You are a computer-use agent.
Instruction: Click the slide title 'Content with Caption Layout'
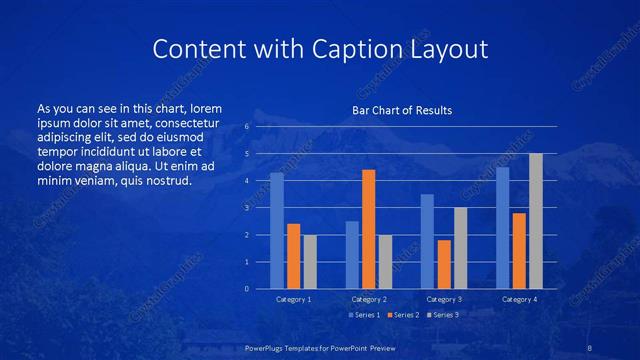click(x=320, y=49)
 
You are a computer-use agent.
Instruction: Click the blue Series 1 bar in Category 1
click(x=277, y=231)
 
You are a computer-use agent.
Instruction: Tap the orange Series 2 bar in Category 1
click(x=293, y=256)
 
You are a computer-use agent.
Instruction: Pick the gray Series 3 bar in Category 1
click(x=310, y=261)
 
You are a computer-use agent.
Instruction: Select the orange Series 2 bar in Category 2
click(x=368, y=229)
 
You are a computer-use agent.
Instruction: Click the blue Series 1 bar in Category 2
click(x=352, y=255)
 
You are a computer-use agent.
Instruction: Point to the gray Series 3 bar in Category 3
click(x=460, y=248)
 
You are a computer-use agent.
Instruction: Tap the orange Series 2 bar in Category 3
click(x=444, y=264)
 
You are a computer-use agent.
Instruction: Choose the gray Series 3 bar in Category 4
click(x=536, y=221)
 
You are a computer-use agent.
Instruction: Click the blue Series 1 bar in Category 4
click(x=503, y=228)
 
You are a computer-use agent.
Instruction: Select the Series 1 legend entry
click(x=363, y=315)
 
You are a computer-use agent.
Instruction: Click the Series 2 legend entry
click(x=402, y=315)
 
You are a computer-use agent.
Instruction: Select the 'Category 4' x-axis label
click(x=519, y=299)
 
